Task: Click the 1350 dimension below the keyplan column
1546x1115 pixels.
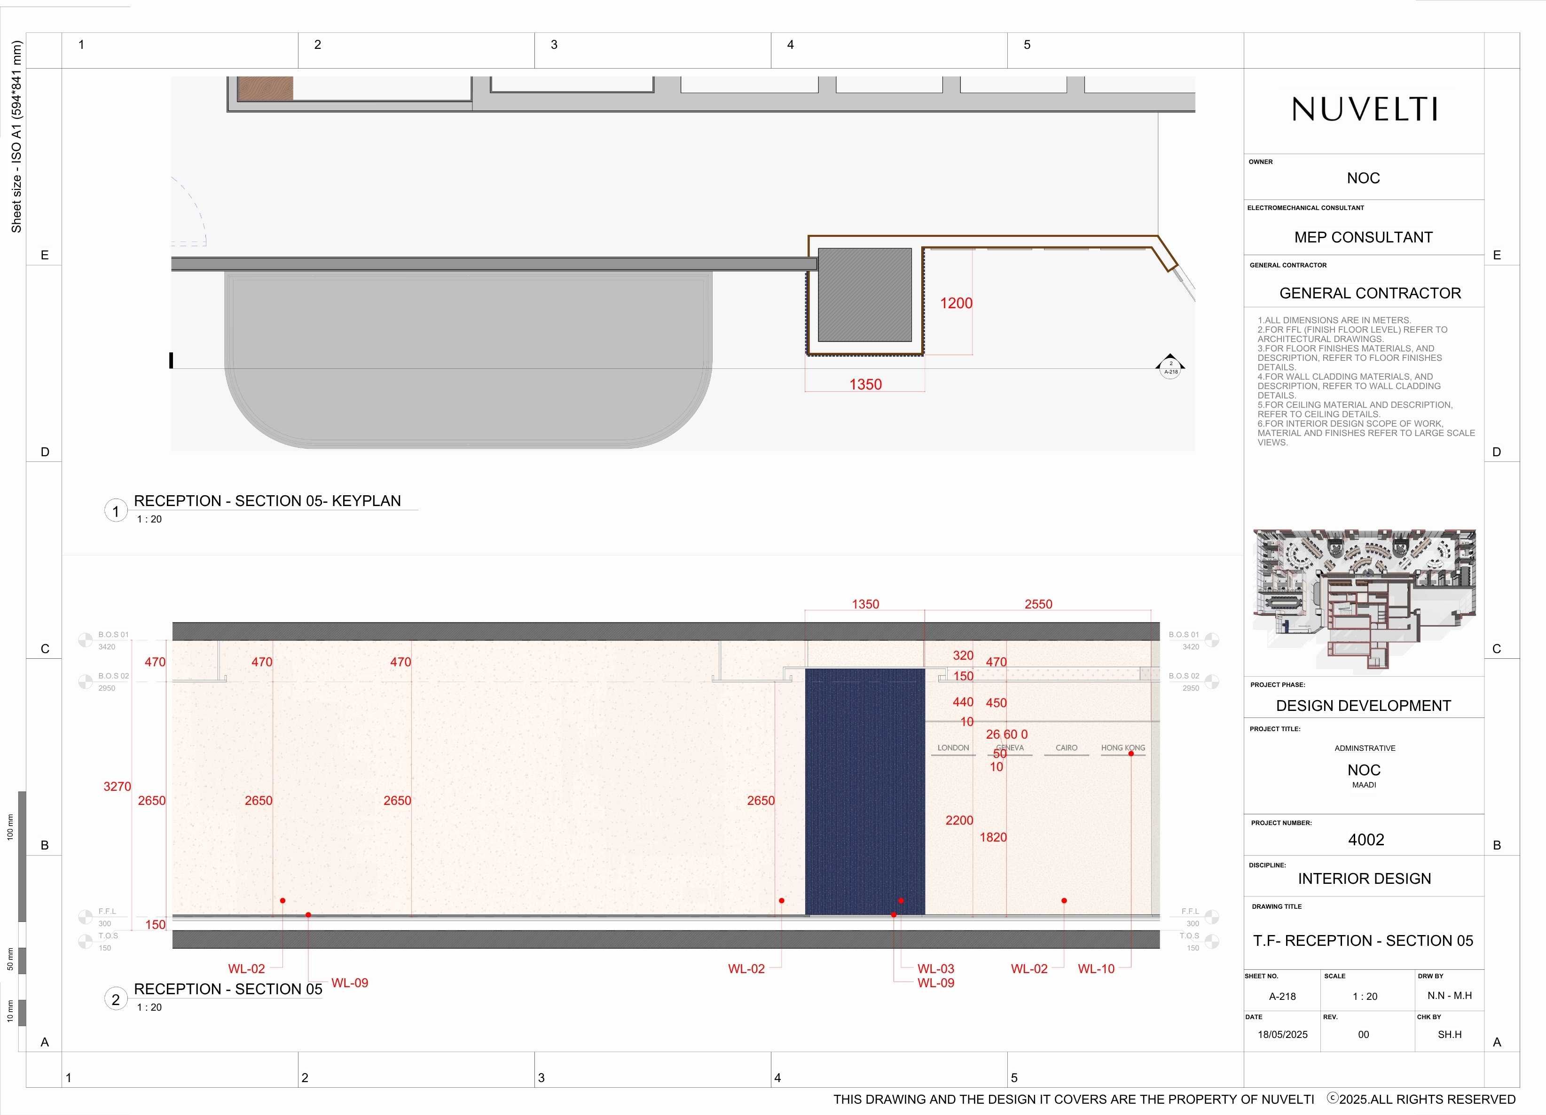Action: tap(865, 384)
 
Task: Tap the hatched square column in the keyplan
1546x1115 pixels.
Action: tap(864, 295)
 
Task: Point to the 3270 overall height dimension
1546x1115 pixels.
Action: tap(117, 787)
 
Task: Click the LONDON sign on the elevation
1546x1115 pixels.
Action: tap(952, 748)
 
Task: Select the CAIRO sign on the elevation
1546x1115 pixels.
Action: tap(1066, 748)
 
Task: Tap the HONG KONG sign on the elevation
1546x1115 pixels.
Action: tap(1122, 748)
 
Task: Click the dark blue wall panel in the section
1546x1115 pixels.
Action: tap(864, 791)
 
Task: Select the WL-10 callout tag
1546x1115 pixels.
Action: tap(1095, 968)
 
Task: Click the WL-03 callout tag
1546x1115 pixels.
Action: tap(935, 968)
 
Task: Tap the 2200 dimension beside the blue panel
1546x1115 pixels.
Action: tap(958, 820)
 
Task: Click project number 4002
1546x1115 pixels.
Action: tap(1366, 840)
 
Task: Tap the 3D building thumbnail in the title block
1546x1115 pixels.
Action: tap(1364, 600)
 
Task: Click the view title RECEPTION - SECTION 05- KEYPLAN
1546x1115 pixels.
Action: tap(267, 501)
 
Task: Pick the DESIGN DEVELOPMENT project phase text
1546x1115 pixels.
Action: tap(1363, 705)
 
